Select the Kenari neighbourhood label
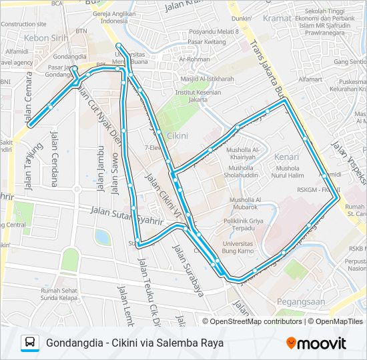pyautogui.click(x=286, y=157)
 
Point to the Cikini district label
pyautogui.click(x=176, y=136)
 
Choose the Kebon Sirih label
pyautogui.click(x=45, y=38)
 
